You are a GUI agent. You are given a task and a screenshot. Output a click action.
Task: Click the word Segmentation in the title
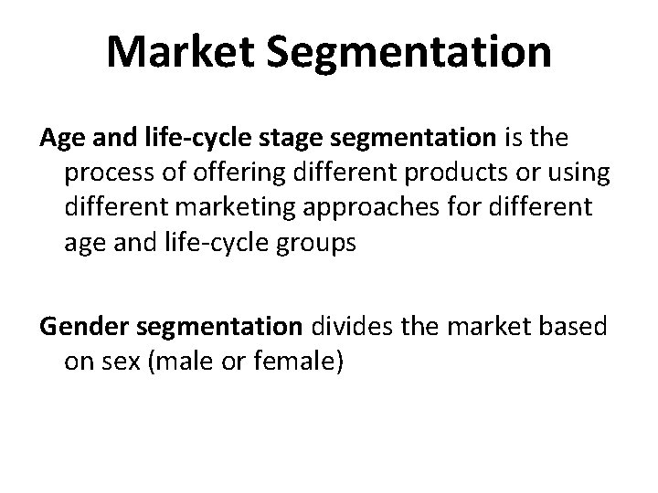(x=409, y=52)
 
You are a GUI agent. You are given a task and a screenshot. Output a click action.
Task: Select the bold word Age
(x=61, y=139)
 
